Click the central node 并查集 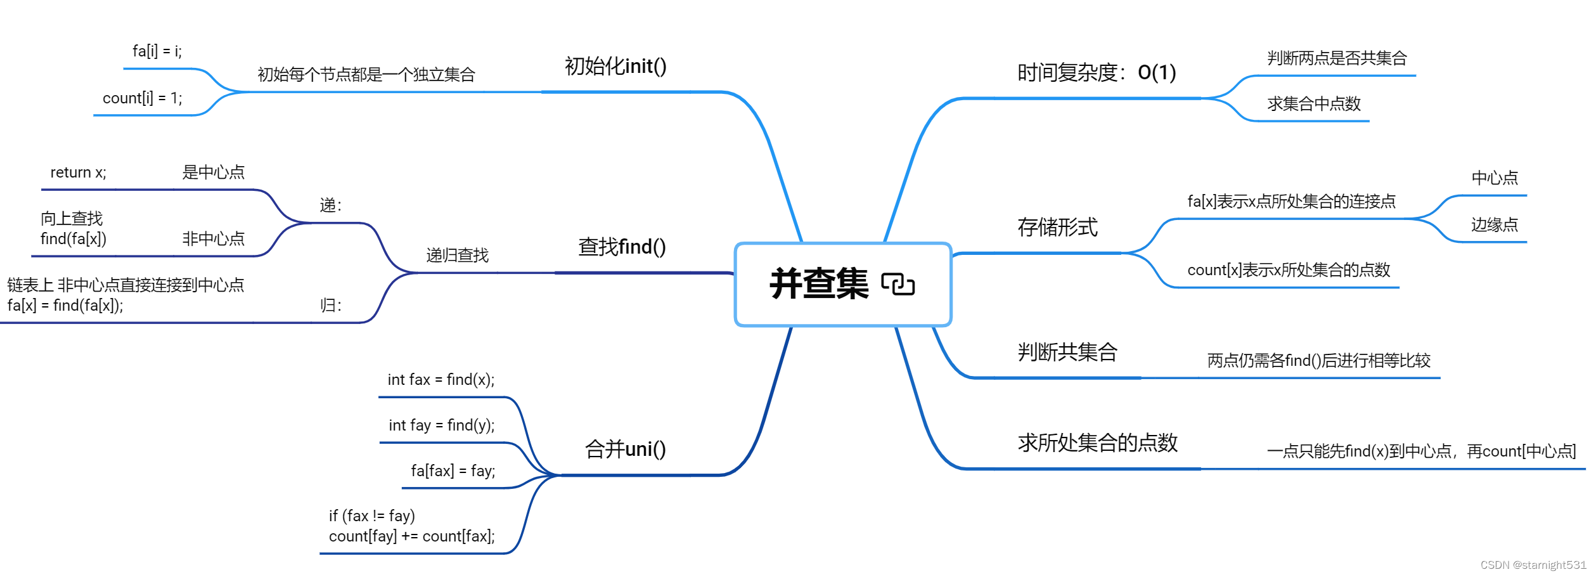tap(819, 284)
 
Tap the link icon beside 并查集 tap(898, 284)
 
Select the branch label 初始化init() tap(615, 66)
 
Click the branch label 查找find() tap(622, 247)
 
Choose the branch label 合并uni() tap(625, 449)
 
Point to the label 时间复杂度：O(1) tap(1096, 72)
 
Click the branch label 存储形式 tap(1057, 227)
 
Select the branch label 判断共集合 tap(1067, 352)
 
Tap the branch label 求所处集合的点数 tap(1097, 443)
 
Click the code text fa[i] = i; tap(157, 51)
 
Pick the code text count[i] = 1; tap(142, 98)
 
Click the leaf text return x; tap(79, 172)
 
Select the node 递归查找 tap(457, 256)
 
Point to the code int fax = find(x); tap(441, 380)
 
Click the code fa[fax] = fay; tap(453, 470)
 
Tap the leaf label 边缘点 tap(1494, 224)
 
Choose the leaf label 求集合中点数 tap(1313, 103)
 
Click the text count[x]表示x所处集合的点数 tap(1288, 270)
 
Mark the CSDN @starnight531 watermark tap(1533, 565)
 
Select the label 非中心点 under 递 tap(213, 239)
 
